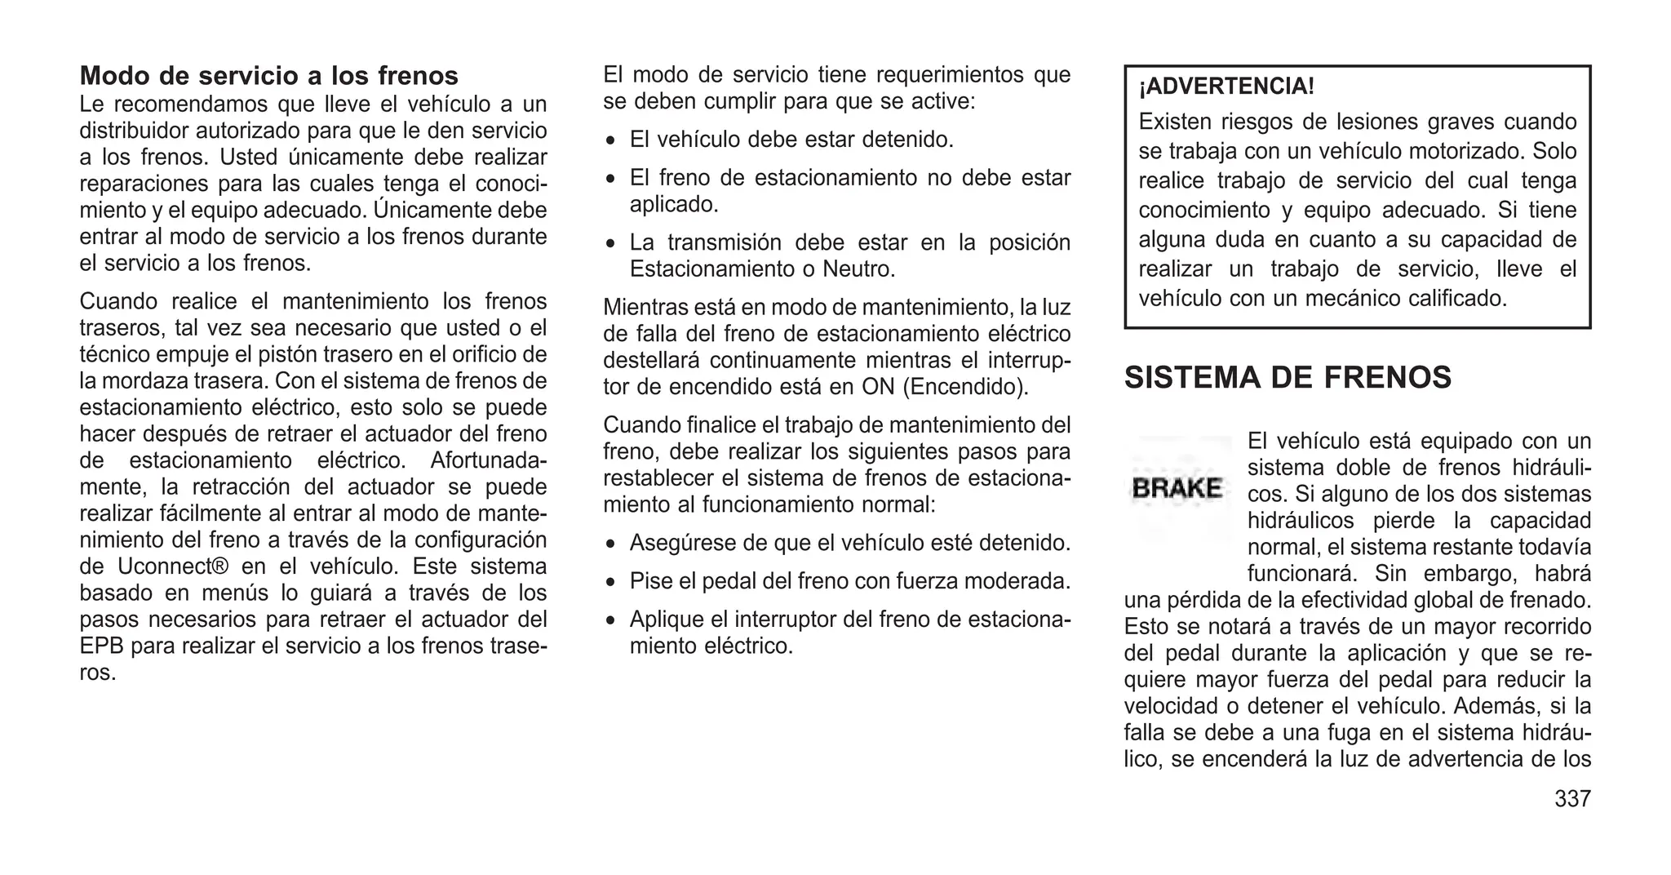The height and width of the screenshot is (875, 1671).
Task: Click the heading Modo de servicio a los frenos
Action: tap(268, 76)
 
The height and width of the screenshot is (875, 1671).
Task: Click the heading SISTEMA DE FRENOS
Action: tap(1288, 378)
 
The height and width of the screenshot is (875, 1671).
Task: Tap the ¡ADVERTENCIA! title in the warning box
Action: tap(1226, 87)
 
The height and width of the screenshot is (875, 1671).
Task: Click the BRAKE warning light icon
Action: tap(1177, 488)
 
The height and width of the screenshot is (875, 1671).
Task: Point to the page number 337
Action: tap(1572, 798)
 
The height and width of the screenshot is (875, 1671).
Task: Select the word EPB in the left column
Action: tap(101, 646)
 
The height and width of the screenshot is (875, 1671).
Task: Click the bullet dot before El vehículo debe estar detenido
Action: tap(610, 141)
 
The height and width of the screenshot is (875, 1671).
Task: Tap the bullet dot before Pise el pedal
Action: tap(610, 583)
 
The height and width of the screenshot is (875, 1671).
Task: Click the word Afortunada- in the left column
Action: tap(488, 460)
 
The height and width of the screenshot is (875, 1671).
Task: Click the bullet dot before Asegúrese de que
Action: tap(610, 544)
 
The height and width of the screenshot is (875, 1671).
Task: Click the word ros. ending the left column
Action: tap(97, 673)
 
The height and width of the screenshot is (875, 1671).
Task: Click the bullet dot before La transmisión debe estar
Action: tap(610, 244)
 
